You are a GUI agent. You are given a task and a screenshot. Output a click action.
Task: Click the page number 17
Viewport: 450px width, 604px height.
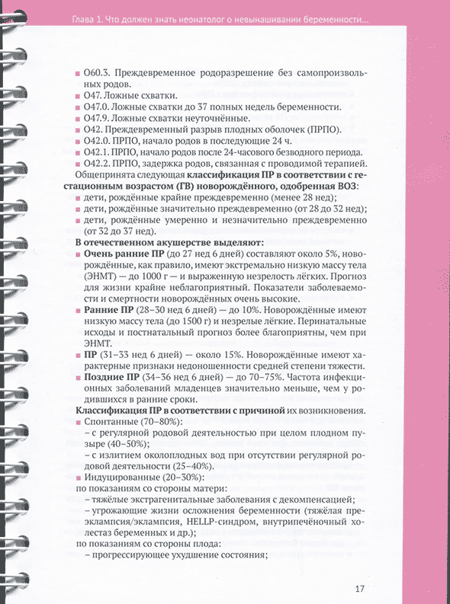pos(361,587)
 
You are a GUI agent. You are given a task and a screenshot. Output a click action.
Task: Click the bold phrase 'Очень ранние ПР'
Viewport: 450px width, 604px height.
pos(122,253)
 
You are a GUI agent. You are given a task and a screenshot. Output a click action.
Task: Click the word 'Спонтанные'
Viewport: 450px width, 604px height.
pos(113,423)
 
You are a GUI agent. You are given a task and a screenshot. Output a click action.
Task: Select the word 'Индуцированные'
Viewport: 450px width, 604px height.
pos(124,476)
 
